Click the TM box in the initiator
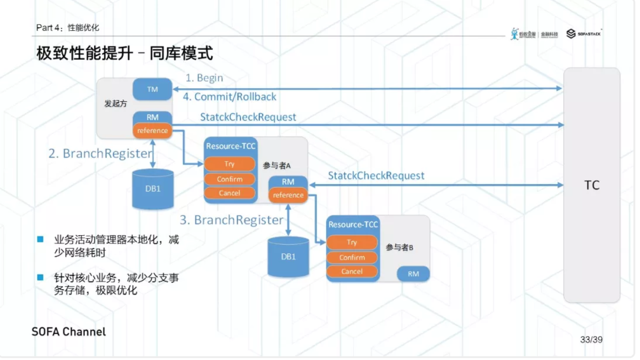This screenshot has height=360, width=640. pyautogui.click(x=152, y=89)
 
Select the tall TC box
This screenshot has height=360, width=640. pyautogui.click(x=591, y=185)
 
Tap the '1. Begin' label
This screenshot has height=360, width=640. pyautogui.click(x=204, y=78)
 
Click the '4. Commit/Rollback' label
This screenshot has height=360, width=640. pyautogui.click(x=230, y=97)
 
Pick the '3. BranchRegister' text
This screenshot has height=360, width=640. pyautogui.click(x=232, y=220)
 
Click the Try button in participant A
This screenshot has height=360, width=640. pyautogui.click(x=230, y=164)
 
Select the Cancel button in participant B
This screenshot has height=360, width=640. pyautogui.click(x=352, y=271)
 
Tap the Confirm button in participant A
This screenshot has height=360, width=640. pyautogui.click(x=230, y=179)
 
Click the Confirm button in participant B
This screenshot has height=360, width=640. pyautogui.click(x=352, y=257)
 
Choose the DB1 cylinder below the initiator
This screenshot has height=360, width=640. pyautogui.click(x=153, y=189)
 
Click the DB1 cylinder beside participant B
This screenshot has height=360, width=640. pyautogui.click(x=288, y=257)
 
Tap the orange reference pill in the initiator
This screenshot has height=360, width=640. pyautogui.click(x=152, y=131)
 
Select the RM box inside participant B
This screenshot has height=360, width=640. pyautogui.click(x=413, y=274)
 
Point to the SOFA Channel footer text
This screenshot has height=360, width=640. pyautogui.click(x=69, y=331)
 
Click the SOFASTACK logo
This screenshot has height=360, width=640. pyautogui.click(x=584, y=33)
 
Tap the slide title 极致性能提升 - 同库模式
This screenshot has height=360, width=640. pyautogui.click(x=124, y=53)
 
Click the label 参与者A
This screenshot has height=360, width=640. pyautogui.click(x=277, y=165)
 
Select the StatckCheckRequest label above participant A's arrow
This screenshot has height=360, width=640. pyautogui.click(x=376, y=176)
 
